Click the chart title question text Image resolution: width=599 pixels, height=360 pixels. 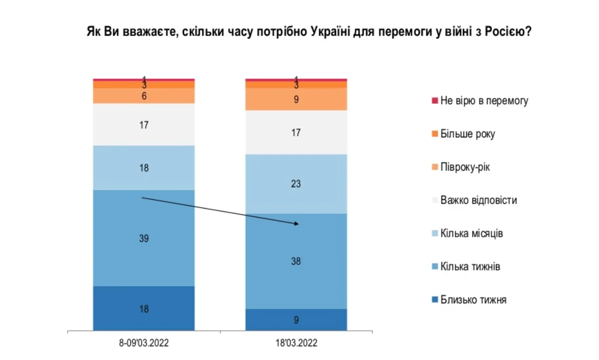click(x=308, y=32)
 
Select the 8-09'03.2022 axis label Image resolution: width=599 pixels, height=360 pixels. click(x=144, y=344)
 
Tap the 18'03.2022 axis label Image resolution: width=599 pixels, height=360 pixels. click(x=296, y=344)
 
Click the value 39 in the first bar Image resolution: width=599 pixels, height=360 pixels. click(x=144, y=239)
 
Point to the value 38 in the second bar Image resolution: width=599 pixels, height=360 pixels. click(x=296, y=262)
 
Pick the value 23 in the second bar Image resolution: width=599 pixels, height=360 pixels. click(x=296, y=184)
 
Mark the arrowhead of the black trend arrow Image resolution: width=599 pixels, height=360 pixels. click(x=296, y=224)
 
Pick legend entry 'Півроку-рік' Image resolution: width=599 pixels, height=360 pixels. click(x=465, y=167)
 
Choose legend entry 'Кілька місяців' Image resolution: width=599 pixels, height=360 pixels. click(x=471, y=233)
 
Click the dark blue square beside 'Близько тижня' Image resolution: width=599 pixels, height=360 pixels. click(x=435, y=300)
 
